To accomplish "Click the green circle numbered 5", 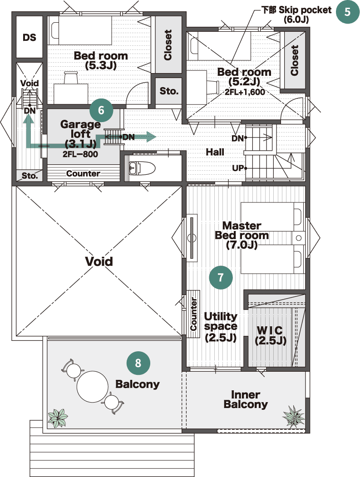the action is click(x=348, y=12).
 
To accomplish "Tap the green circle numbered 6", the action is click(x=101, y=110).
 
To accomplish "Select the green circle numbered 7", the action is click(x=221, y=277).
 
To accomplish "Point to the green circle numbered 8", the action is click(x=138, y=363).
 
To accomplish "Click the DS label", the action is click(x=29, y=37).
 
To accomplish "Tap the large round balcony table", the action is click(x=93, y=386).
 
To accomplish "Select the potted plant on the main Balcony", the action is click(x=58, y=418).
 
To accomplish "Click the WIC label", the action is click(x=270, y=330).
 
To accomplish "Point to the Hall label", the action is click(x=215, y=152).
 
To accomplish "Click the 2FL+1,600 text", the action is click(x=245, y=92).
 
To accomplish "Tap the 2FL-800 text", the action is click(x=80, y=154).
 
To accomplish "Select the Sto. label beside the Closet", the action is click(x=169, y=91).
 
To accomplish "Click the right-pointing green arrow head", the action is click(x=151, y=137).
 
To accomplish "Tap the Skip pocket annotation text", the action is click(x=296, y=15).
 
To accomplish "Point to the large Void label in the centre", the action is click(x=99, y=261).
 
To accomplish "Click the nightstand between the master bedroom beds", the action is click(x=299, y=238).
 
